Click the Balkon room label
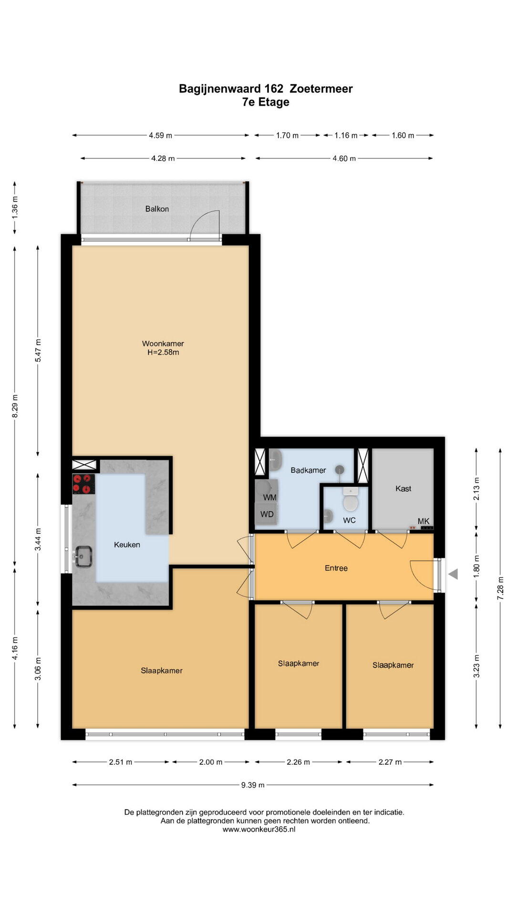[157, 209]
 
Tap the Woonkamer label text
[163, 343]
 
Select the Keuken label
[127, 545]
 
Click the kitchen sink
[83, 556]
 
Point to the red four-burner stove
[83, 484]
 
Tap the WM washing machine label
[270, 498]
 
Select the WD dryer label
[267, 514]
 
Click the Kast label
[403, 489]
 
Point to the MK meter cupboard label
[423, 521]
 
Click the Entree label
[336, 568]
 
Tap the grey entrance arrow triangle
[453, 574]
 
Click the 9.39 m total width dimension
[253, 785]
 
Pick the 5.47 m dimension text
[38, 350]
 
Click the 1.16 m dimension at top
[346, 135]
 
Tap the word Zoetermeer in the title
[321, 89]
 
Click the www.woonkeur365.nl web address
[259, 829]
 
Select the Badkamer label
[309, 470]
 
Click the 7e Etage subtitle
[266, 102]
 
